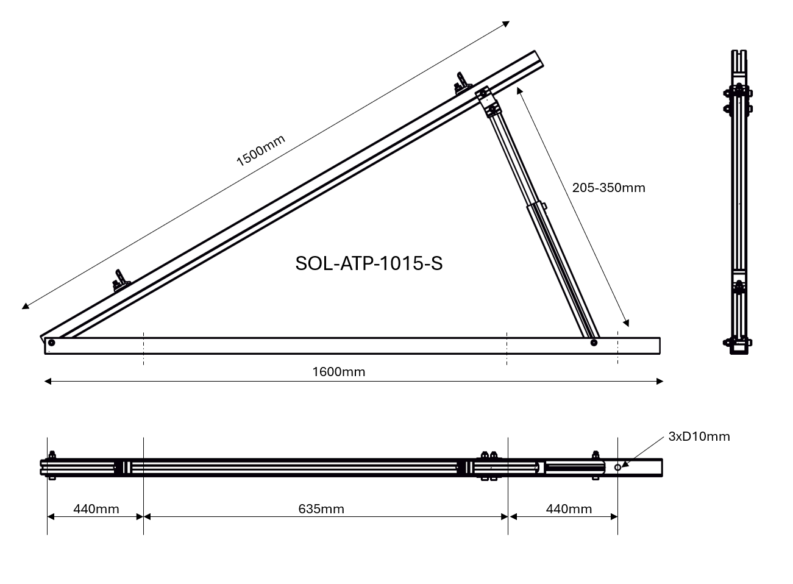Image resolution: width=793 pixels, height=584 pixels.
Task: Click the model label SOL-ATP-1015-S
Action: pyautogui.click(x=369, y=263)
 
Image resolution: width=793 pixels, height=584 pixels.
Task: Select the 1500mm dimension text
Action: pyautogui.click(x=260, y=150)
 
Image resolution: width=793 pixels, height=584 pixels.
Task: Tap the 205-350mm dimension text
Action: pyautogui.click(x=608, y=188)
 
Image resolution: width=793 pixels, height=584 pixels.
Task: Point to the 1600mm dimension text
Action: pyautogui.click(x=339, y=372)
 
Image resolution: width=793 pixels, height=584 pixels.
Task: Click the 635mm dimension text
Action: pyautogui.click(x=321, y=508)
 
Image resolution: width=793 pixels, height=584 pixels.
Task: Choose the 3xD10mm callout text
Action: pyautogui.click(x=699, y=436)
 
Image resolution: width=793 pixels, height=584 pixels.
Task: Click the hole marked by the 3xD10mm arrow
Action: pyautogui.click(x=617, y=467)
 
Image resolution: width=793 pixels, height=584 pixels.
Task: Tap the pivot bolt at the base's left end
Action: pyautogui.click(x=51, y=343)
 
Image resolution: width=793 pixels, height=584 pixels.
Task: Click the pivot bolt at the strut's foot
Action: pyautogui.click(x=594, y=343)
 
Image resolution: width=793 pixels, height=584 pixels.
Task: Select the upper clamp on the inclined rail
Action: pyautogui.click(x=461, y=84)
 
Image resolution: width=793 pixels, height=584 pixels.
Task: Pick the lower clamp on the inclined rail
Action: pyautogui.click(x=120, y=281)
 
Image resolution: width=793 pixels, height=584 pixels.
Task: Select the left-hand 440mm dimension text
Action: pyautogui.click(x=96, y=508)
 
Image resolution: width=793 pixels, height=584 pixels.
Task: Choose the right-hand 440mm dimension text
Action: pyautogui.click(x=569, y=508)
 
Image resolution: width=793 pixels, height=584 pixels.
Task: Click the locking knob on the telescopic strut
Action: pyautogui.click(x=544, y=206)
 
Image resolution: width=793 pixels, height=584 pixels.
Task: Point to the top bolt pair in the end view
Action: pyautogui.click(x=739, y=93)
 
